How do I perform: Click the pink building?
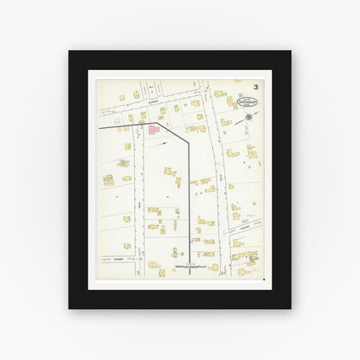[153, 130]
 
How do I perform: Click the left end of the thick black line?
[100, 127]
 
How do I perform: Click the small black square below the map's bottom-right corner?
[262, 279]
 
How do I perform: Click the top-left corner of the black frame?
[69, 51]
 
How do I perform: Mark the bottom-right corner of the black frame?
[291, 308]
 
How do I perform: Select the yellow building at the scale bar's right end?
[214, 267]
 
